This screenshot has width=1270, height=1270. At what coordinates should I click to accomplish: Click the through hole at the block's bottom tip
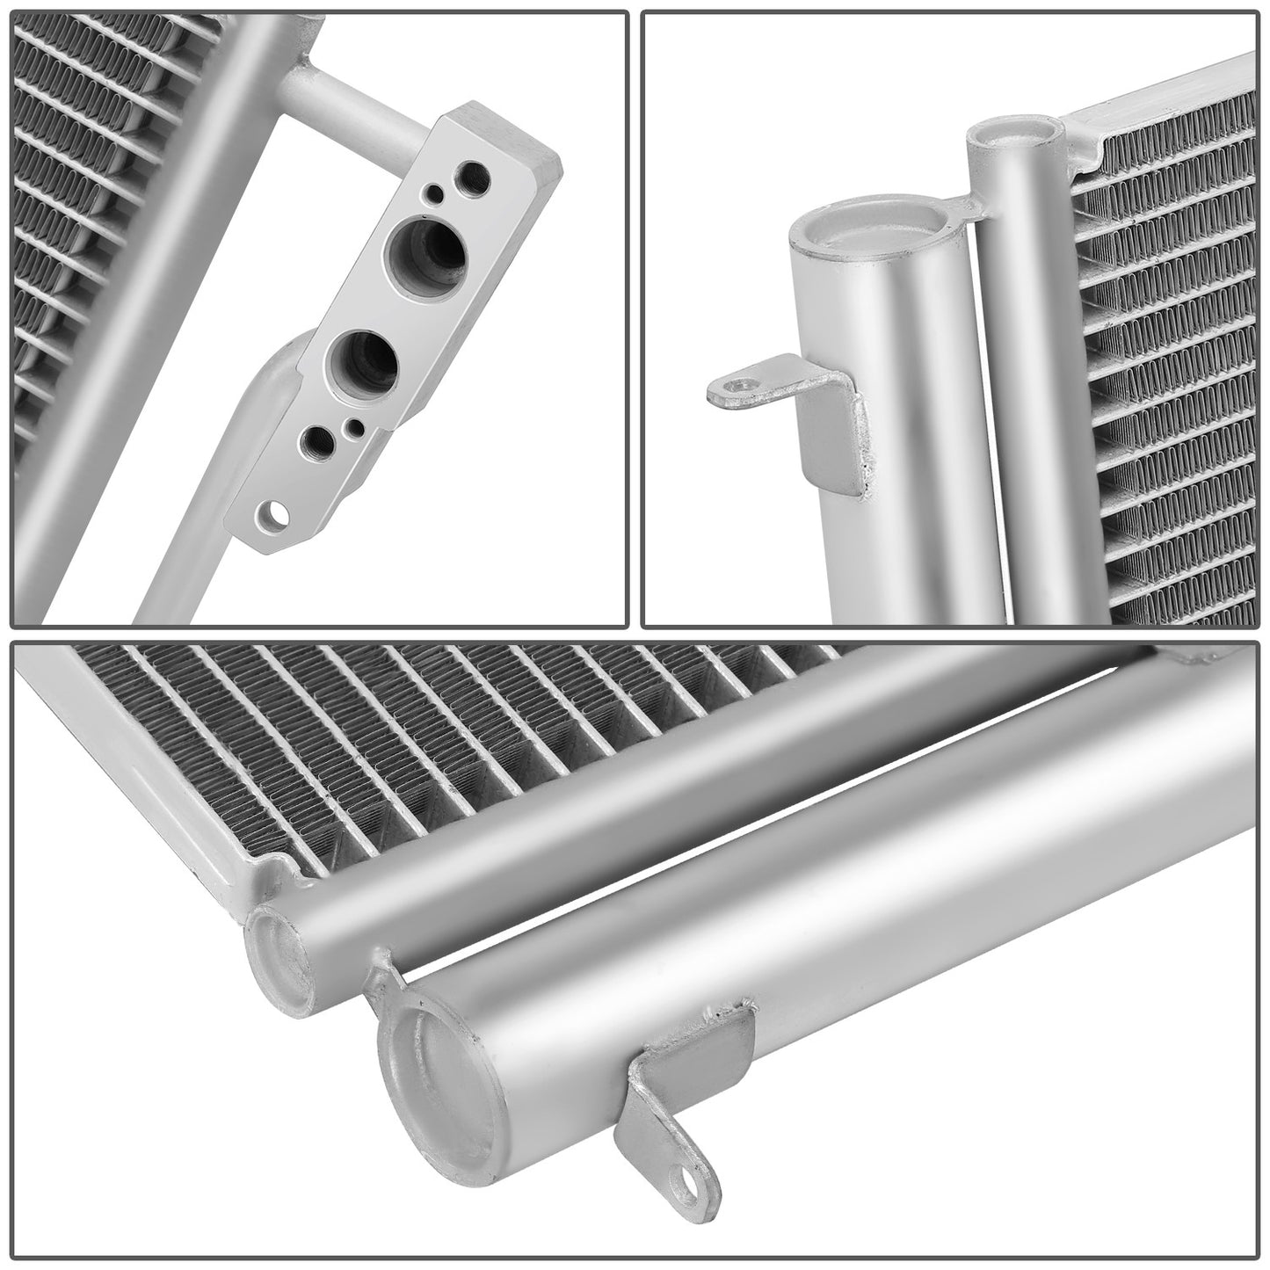tap(267, 515)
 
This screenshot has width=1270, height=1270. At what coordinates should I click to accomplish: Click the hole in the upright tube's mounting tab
tap(744, 385)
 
